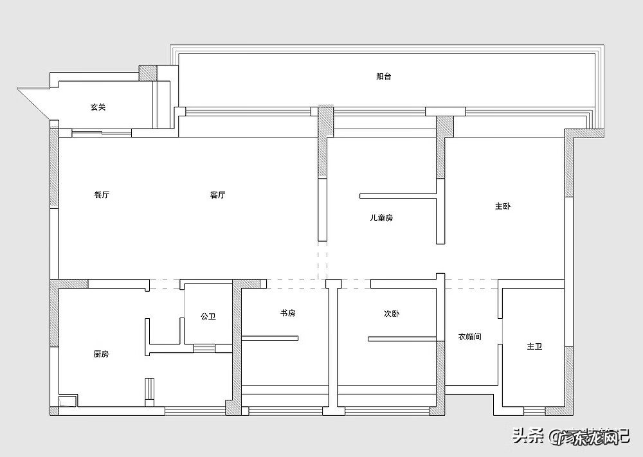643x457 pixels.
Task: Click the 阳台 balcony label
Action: point(384,76)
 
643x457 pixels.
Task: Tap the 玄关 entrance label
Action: point(98,107)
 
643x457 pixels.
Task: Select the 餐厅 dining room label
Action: point(102,195)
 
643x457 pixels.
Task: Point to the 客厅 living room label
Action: point(217,195)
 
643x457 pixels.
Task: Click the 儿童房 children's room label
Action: point(381,218)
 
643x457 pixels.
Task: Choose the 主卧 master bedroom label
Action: point(503,206)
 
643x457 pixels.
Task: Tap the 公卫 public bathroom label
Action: point(208,316)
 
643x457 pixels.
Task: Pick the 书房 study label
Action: point(287,313)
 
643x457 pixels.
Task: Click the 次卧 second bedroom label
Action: point(392,314)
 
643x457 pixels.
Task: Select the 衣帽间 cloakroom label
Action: point(470,336)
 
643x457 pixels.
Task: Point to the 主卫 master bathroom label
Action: point(534,346)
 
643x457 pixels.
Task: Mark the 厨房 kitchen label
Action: point(101,354)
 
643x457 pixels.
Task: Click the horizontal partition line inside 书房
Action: point(270,337)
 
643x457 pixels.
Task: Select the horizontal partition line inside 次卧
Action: point(402,337)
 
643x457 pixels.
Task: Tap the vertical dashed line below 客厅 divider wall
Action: point(321,260)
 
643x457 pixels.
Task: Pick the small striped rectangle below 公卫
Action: point(204,348)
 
